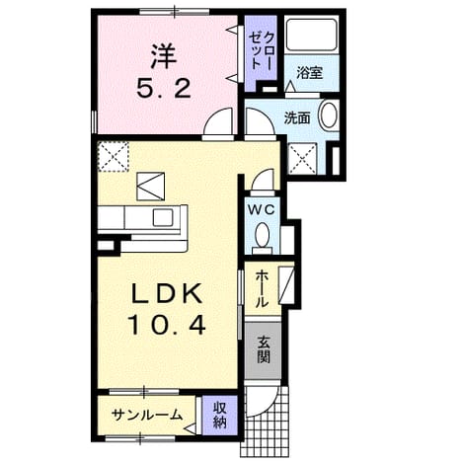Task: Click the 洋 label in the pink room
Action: [x=164, y=56]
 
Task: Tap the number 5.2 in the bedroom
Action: [x=164, y=89]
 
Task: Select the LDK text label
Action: [x=167, y=294]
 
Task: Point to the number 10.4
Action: [x=167, y=324]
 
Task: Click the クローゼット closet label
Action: [x=261, y=50]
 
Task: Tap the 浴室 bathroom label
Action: [x=309, y=73]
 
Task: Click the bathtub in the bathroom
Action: [x=311, y=35]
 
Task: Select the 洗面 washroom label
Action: [x=297, y=117]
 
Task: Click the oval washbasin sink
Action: [x=329, y=116]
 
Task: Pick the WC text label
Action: [x=262, y=209]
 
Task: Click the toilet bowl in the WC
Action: [x=263, y=235]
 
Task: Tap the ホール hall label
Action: [x=262, y=288]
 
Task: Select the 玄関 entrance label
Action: [x=264, y=349]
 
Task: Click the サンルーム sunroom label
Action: [x=147, y=415]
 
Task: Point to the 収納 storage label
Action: [x=219, y=415]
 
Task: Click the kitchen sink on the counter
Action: [x=163, y=217]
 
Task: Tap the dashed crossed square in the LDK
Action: [x=113, y=156]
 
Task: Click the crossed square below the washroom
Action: [x=302, y=159]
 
